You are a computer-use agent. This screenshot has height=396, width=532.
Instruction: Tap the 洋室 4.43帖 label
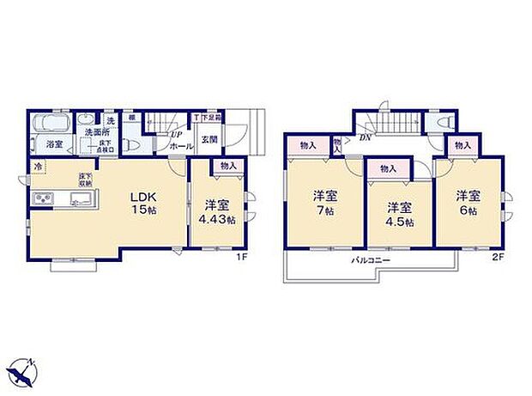tap(216, 211)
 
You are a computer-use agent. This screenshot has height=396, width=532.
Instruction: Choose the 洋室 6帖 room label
tap(467, 203)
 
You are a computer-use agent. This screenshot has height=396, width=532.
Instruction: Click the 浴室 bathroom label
tap(54, 144)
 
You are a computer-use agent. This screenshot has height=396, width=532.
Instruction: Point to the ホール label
tap(181, 147)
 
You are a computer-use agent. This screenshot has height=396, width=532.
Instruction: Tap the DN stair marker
tap(365, 137)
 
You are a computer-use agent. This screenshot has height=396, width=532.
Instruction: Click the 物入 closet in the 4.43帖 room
tap(227, 166)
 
